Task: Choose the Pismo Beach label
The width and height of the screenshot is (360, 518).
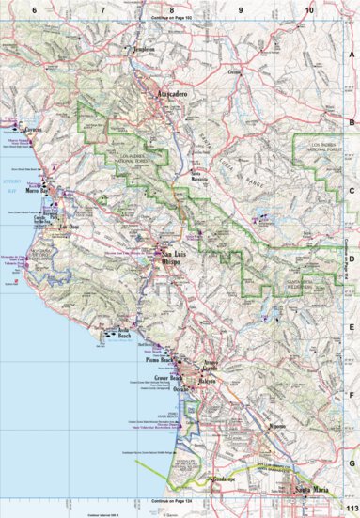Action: [164, 360]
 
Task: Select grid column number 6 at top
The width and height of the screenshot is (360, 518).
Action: [33, 8]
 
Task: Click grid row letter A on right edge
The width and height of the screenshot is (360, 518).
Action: [352, 55]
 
